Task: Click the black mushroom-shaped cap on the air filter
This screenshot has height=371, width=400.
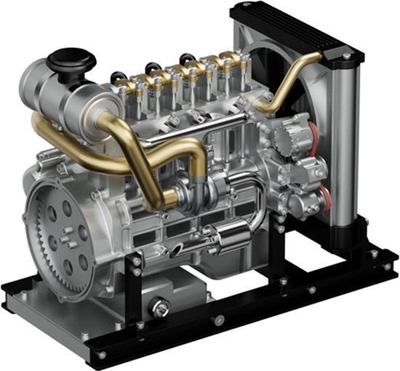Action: pyautogui.click(x=66, y=57)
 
